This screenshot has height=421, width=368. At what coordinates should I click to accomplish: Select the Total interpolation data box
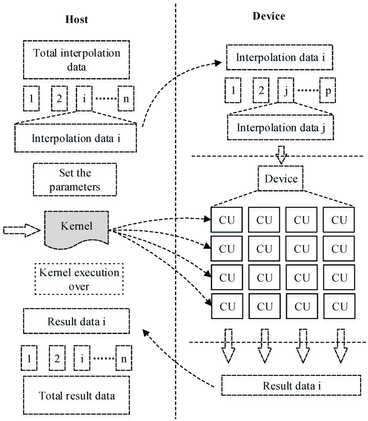tap(77, 59)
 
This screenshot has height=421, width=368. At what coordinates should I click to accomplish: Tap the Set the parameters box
tap(75, 179)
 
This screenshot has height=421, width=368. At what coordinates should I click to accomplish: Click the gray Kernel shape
tap(76, 228)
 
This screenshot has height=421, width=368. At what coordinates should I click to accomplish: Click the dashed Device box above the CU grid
tap(280, 178)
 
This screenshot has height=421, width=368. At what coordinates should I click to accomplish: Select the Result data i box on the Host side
tap(76, 321)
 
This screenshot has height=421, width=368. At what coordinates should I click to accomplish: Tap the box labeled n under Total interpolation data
tap(126, 99)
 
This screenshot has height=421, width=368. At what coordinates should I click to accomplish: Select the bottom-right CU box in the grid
tap(339, 307)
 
